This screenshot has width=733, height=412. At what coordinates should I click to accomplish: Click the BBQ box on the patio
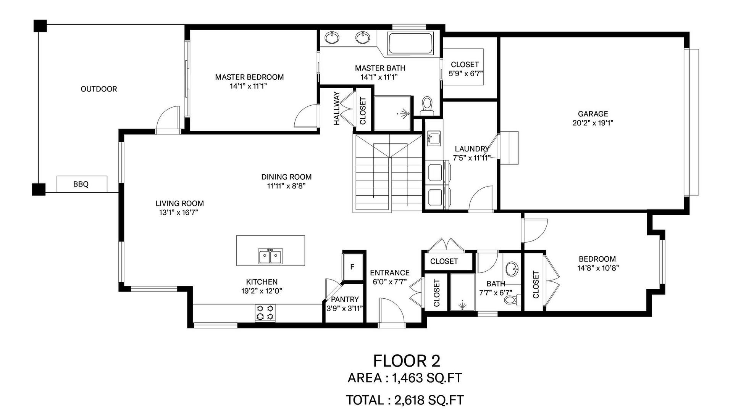[x=82, y=184]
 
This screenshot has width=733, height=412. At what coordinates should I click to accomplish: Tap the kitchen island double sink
[x=270, y=256]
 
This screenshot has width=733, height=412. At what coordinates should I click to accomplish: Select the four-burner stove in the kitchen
[x=265, y=312]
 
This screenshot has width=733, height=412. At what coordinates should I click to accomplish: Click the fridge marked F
[x=352, y=267]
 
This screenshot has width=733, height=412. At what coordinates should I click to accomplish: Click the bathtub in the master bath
[x=411, y=43]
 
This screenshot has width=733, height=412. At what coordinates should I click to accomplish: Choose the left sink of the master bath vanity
[x=332, y=38]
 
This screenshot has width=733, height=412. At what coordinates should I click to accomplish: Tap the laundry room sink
[x=434, y=138]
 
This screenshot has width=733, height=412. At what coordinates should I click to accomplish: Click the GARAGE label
[x=593, y=114]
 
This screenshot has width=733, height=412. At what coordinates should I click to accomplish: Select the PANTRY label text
[x=345, y=299]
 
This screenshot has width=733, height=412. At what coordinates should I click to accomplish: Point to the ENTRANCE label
[x=389, y=273]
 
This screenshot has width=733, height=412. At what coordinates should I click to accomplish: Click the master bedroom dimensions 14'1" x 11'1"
[x=248, y=86]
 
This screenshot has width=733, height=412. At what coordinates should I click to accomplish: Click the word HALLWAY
[x=336, y=108]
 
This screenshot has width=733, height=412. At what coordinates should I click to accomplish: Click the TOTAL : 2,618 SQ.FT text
[x=405, y=400]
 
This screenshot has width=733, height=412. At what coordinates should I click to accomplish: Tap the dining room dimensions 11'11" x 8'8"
[x=286, y=186]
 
